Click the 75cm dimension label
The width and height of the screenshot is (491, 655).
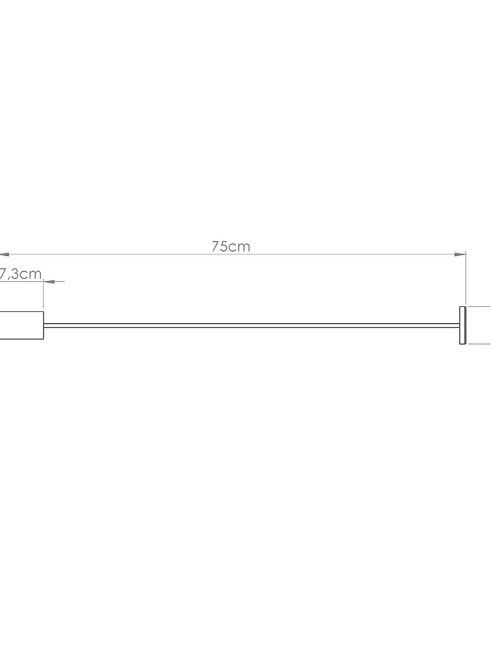231,246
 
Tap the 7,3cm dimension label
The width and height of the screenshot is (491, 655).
20,274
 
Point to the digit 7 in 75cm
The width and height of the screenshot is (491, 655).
216,246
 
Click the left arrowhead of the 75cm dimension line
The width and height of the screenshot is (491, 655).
5,255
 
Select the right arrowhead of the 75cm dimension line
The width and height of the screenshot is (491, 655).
460,255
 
